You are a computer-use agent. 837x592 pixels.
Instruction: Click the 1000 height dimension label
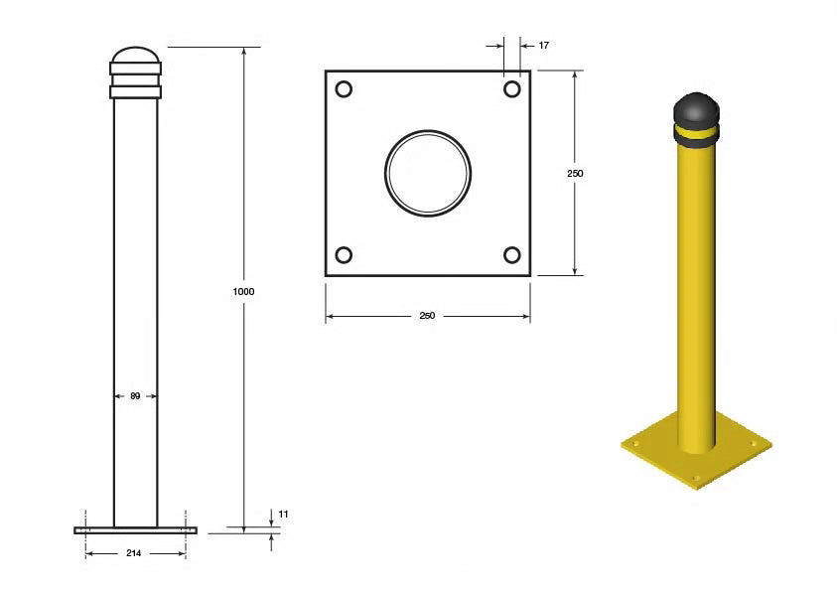click(x=244, y=292)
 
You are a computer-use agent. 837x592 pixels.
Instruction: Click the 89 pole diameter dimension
click(x=135, y=395)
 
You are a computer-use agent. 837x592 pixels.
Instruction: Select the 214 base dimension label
click(x=135, y=552)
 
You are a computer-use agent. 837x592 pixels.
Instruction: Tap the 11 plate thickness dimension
click(x=283, y=514)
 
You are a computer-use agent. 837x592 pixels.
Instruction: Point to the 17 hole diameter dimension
click(x=543, y=46)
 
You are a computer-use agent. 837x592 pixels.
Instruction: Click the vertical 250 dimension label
click(x=575, y=173)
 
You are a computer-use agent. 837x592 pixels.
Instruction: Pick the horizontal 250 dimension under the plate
click(x=427, y=316)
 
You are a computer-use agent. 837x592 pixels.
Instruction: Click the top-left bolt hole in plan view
click(x=344, y=89)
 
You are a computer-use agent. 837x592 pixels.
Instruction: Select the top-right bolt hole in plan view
click(x=512, y=89)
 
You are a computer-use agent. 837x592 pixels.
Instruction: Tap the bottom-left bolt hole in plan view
click(x=344, y=255)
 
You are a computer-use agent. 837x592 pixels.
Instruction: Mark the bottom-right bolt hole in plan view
click(x=512, y=255)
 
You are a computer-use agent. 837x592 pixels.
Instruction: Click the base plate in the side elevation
click(x=135, y=530)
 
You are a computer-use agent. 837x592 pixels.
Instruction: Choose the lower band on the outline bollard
click(x=135, y=92)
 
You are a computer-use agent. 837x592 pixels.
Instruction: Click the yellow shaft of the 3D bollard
click(x=696, y=298)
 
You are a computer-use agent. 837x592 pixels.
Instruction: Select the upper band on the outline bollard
click(x=135, y=70)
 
